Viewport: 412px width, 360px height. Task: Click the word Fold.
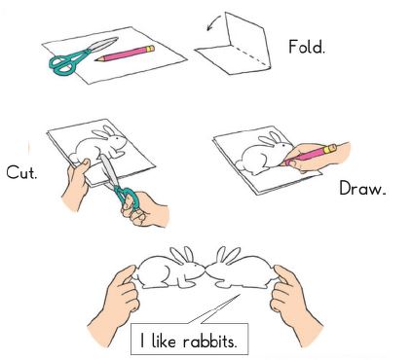click(306, 47)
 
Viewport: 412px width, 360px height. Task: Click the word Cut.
click(21, 172)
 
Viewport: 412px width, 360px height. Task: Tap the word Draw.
click(362, 188)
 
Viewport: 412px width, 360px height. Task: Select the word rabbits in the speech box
click(209, 341)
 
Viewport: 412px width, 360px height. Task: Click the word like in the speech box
click(164, 341)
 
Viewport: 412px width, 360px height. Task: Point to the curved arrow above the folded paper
click(212, 22)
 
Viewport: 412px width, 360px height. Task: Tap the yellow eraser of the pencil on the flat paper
click(150, 49)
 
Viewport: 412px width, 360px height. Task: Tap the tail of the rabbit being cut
click(74, 158)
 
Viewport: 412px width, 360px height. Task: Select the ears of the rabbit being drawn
click(271, 139)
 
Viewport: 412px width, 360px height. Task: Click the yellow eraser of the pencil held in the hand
click(330, 149)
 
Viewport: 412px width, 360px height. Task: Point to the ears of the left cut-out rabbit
click(182, 255)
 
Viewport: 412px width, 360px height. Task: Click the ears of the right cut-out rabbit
click(228, 255)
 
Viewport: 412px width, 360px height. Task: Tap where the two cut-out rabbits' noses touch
click(206, 269)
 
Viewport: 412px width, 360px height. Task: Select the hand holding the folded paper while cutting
click(75, 184)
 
